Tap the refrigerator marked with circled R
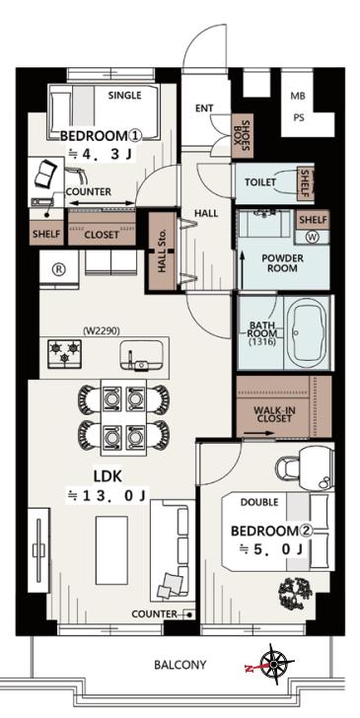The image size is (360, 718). pos(59,269)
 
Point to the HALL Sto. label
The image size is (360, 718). pos(163,251)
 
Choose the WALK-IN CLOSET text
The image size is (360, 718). pos(274,414)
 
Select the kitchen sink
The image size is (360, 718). pos(141,355)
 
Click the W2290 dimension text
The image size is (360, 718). pos(102,329)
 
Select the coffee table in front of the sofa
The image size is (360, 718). pos(111,549)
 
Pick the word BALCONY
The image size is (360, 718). pos(180,665)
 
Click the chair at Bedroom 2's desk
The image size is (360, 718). pos(287,468)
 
